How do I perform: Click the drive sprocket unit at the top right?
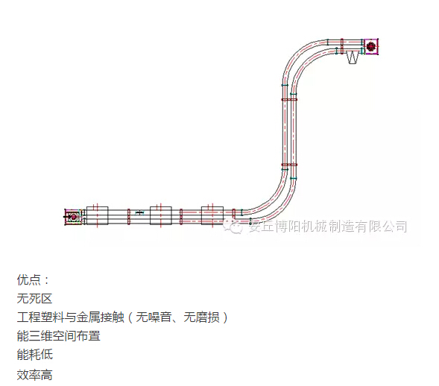(371, 46)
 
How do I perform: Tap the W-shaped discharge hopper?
(353, 57)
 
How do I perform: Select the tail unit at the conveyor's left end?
(73, 217)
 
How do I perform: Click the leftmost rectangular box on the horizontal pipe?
(97, 215)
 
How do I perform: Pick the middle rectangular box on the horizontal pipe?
(161, 215)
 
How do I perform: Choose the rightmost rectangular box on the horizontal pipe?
(212, 215)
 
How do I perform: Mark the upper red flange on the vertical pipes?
(289, 99)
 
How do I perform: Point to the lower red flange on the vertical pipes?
(289, 165)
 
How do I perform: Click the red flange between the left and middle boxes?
(129, 216)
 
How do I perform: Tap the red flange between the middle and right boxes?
(181, 216)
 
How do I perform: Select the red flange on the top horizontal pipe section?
(342, 46)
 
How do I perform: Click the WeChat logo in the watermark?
(233, 227)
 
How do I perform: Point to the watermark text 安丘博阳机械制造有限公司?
(328, 227)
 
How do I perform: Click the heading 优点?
(29, 279)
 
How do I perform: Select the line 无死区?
(35, 298)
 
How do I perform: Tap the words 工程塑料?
(40, 317)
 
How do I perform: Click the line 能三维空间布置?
(59, 336)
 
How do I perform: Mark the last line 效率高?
(35, 375)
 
